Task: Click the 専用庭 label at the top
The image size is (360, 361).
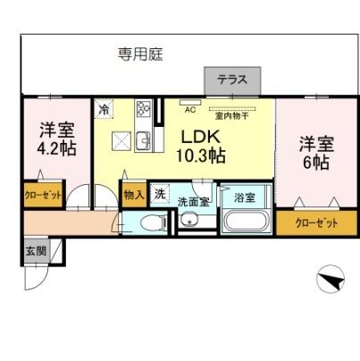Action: (x=140, y=55)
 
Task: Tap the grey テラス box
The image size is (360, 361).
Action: (x=233, y=80)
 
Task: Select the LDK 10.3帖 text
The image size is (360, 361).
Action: (x=204, y=147)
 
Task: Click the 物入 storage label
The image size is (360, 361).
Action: (x=133, y=192)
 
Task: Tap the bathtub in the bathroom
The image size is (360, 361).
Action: (x=247, y=223)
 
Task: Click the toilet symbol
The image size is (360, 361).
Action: (x=154, y=222)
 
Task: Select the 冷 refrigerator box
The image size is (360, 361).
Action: (x=105, y=108)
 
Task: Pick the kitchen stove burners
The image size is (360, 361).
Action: (x=145, y=111)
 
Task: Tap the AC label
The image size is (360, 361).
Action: (x=189, y=111)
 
